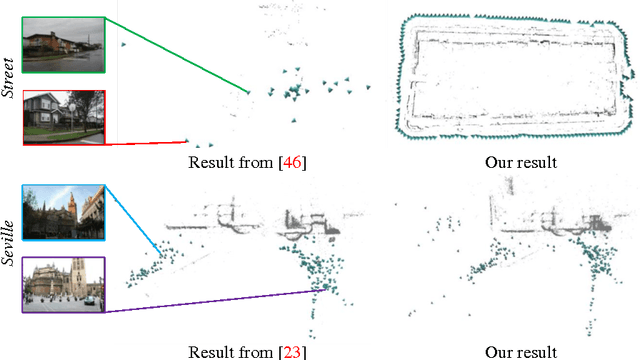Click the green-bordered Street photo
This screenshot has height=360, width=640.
coord(61,44)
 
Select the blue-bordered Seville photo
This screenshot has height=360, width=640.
coord(61,211)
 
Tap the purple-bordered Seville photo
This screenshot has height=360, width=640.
coord(61,283)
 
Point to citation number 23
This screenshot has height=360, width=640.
coord(293,351)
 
